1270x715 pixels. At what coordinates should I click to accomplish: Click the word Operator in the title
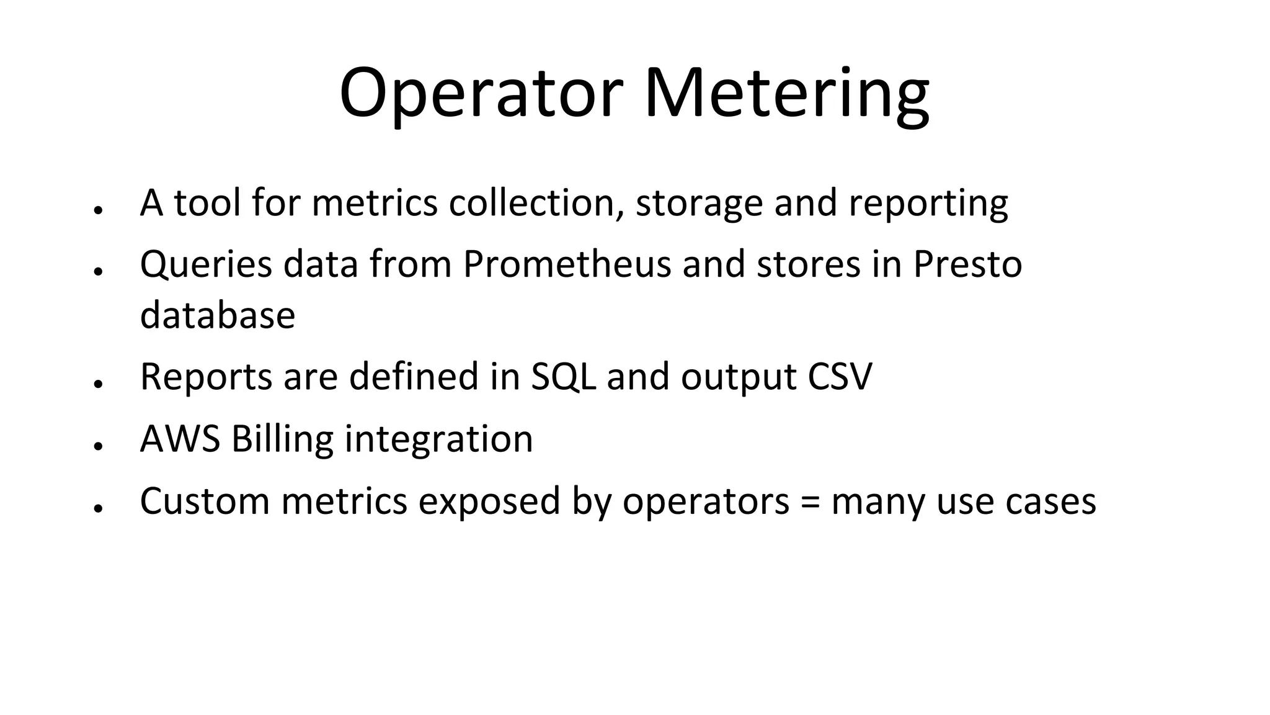[x=481, y=93]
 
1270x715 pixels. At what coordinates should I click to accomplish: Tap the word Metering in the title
[x=787, y=93]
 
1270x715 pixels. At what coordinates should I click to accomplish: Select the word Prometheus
[x=567, y=264]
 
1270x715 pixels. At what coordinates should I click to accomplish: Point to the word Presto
[x=967, y=264]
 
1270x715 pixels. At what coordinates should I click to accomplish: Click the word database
[x=218, y=315]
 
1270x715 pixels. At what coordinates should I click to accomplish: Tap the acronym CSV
[x=840, y=376]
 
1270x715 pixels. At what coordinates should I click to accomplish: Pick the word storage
[x=699, y=203]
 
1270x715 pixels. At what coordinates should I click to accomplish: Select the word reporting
[x=928, y=203]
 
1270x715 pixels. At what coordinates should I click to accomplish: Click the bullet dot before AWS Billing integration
[x=97, y=446]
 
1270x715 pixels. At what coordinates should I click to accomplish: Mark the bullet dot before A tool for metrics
[x=97, y=210]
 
